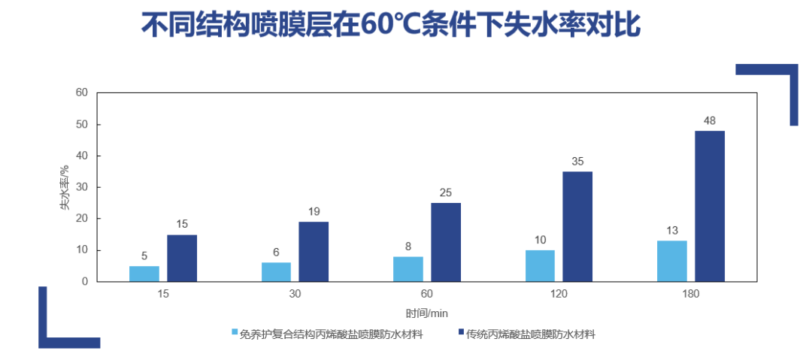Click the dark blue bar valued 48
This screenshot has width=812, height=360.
pos(709,207)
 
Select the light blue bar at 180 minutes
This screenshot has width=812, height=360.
pos(671,262)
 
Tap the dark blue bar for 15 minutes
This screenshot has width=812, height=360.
pos(182,259)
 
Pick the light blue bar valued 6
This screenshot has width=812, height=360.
pos(276,272)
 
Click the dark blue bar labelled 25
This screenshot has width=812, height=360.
pos(446,243)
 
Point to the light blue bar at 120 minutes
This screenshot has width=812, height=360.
pos(540,266)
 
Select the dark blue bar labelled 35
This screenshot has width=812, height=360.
pos(577,227)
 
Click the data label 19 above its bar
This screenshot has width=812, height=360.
pos(314,211)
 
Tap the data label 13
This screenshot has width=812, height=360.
pos(671,230)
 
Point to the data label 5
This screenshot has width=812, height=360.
pos(144,256)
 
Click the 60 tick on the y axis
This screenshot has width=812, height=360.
pos(82,92)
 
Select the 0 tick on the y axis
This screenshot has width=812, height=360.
pos(85,282)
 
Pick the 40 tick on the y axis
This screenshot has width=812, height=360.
pos(82,156)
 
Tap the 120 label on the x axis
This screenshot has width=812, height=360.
pos(559,294)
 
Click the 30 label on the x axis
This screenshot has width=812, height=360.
pos(295,294)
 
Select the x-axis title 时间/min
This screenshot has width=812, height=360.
pos(427,313)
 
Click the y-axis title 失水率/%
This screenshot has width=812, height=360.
pos(65,188)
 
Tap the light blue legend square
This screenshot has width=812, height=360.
pos(235,331)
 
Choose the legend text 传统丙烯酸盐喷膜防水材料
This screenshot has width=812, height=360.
pos(531,334)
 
